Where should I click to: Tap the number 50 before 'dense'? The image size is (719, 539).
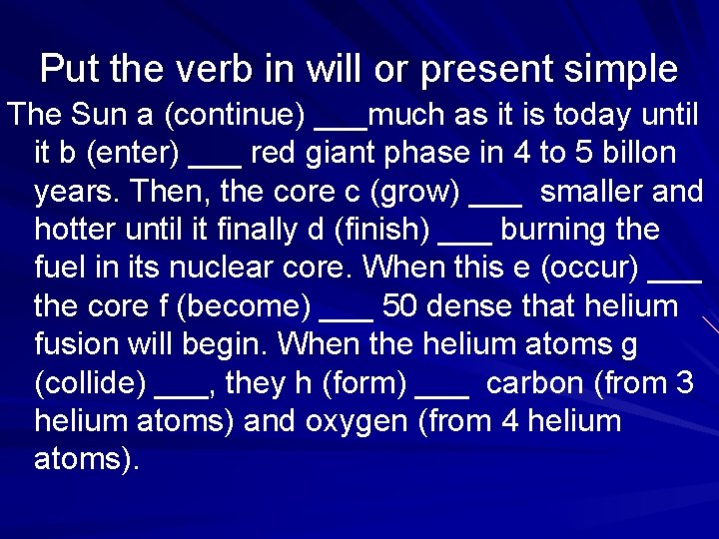point(399,306)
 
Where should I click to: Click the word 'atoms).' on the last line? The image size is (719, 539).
point(86,460)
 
